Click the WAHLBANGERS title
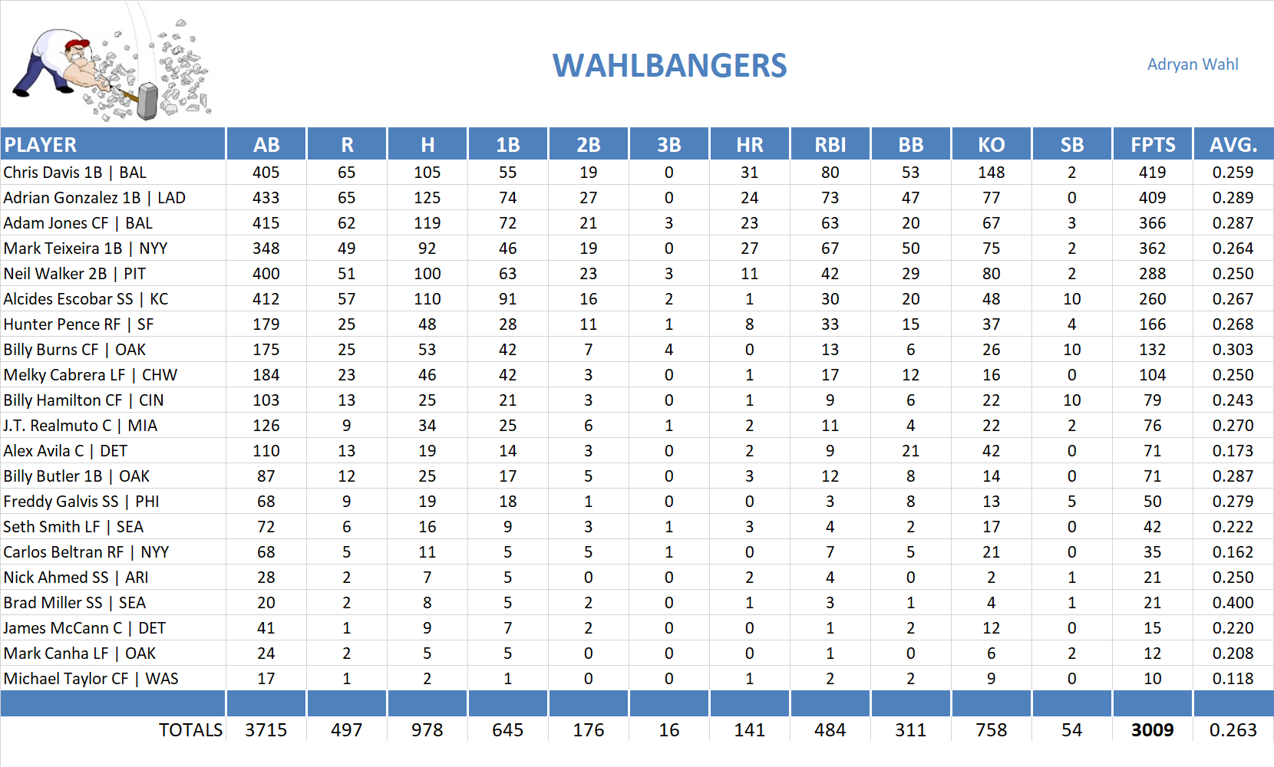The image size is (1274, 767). pyautogui.click(x=669, y=66)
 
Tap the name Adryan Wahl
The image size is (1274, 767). pyautogui.click(x=1193, y=64)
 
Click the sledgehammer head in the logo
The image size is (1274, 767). pyautogui.click(x=147, y=101)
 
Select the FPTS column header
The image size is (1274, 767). pyautogui.click(x=1153, y=145)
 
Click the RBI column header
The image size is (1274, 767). pyautogui.click(x=830, y=145)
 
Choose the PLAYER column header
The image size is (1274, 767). pyautogui.click(x=41, y=145)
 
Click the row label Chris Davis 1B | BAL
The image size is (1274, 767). pyautogui.click(x=75, y=173)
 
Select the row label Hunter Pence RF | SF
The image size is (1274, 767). pyautogui.click(x=78, y=324)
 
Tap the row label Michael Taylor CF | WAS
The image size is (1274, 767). pyautogui.click(x=91, y=679)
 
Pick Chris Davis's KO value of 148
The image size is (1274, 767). pyautogui.click(x=992, y=173)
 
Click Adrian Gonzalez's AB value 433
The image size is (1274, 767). pyautogui.click(x=266, y=198)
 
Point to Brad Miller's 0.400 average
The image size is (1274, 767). pyautogui.click(x=1233, y=603)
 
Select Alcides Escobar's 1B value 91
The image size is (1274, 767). pyautogui.click(x=508, y=299)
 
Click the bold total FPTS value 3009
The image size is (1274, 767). pyautogui.click(x=1153, y=730)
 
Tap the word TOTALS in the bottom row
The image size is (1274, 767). pyautogui.click(x=190, y=730)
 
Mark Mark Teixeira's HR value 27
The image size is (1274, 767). pyautogui.click(x=750, y=249)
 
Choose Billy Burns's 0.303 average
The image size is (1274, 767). pyautogui.click(x=1233, y=350)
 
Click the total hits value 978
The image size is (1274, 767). pyautogui.click(x=427, y=730)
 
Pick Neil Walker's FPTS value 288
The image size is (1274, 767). pyautogui.click(x=1153, y=274)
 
